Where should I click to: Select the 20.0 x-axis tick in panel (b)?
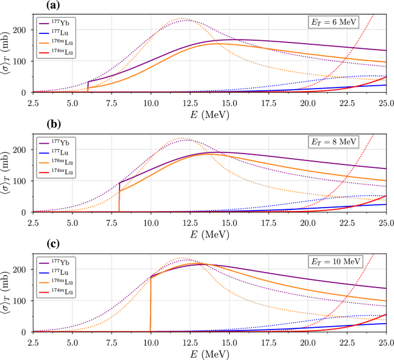(308, 221)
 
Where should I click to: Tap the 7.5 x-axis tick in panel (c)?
(112, 341)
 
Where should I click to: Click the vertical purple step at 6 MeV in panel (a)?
(88, 86)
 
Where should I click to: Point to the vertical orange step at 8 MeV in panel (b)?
(119, 201)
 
